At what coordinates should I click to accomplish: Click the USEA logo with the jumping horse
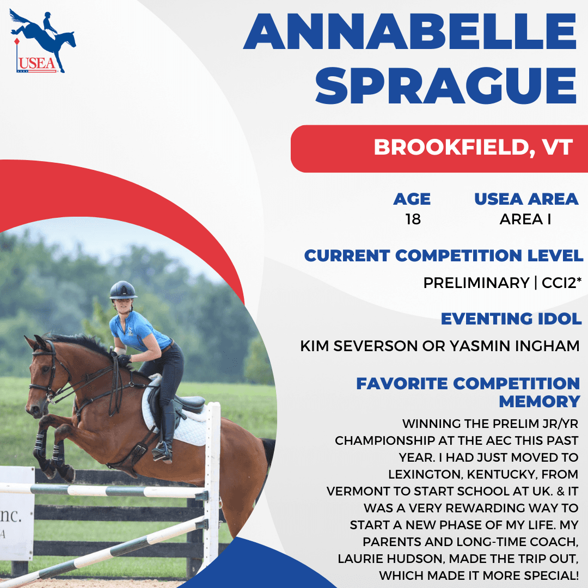point(42,41)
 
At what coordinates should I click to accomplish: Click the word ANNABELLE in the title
point(410,32)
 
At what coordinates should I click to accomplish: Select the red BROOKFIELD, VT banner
point(439,149)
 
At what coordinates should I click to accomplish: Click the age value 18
point(413,219)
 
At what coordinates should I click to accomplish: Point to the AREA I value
point(525,219)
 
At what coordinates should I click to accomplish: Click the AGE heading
point(412,199)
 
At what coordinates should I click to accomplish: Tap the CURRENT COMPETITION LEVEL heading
point(444,255)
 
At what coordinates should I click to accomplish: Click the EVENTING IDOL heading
point(511,318)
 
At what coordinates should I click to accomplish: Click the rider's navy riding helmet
point(123,290)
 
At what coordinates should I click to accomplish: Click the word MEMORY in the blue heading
point(539,402)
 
